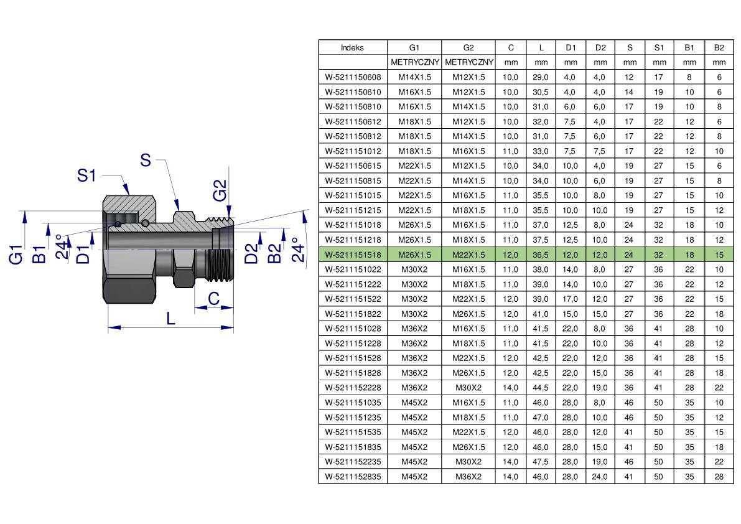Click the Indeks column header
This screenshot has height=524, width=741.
(352, 48)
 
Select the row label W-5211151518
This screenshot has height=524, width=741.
(353, 255)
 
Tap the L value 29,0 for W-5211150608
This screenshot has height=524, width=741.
(541, 77)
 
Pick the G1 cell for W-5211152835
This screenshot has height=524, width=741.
(414, 477)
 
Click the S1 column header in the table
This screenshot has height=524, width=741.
(659, 48)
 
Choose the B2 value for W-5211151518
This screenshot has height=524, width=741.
(719, 255)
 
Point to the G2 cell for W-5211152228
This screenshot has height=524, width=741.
(468, 388)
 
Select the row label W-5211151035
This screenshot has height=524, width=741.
(353, 403)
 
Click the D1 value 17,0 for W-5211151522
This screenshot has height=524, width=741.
(570, 299)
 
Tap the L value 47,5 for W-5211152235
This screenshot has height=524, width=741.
(541, 462)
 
